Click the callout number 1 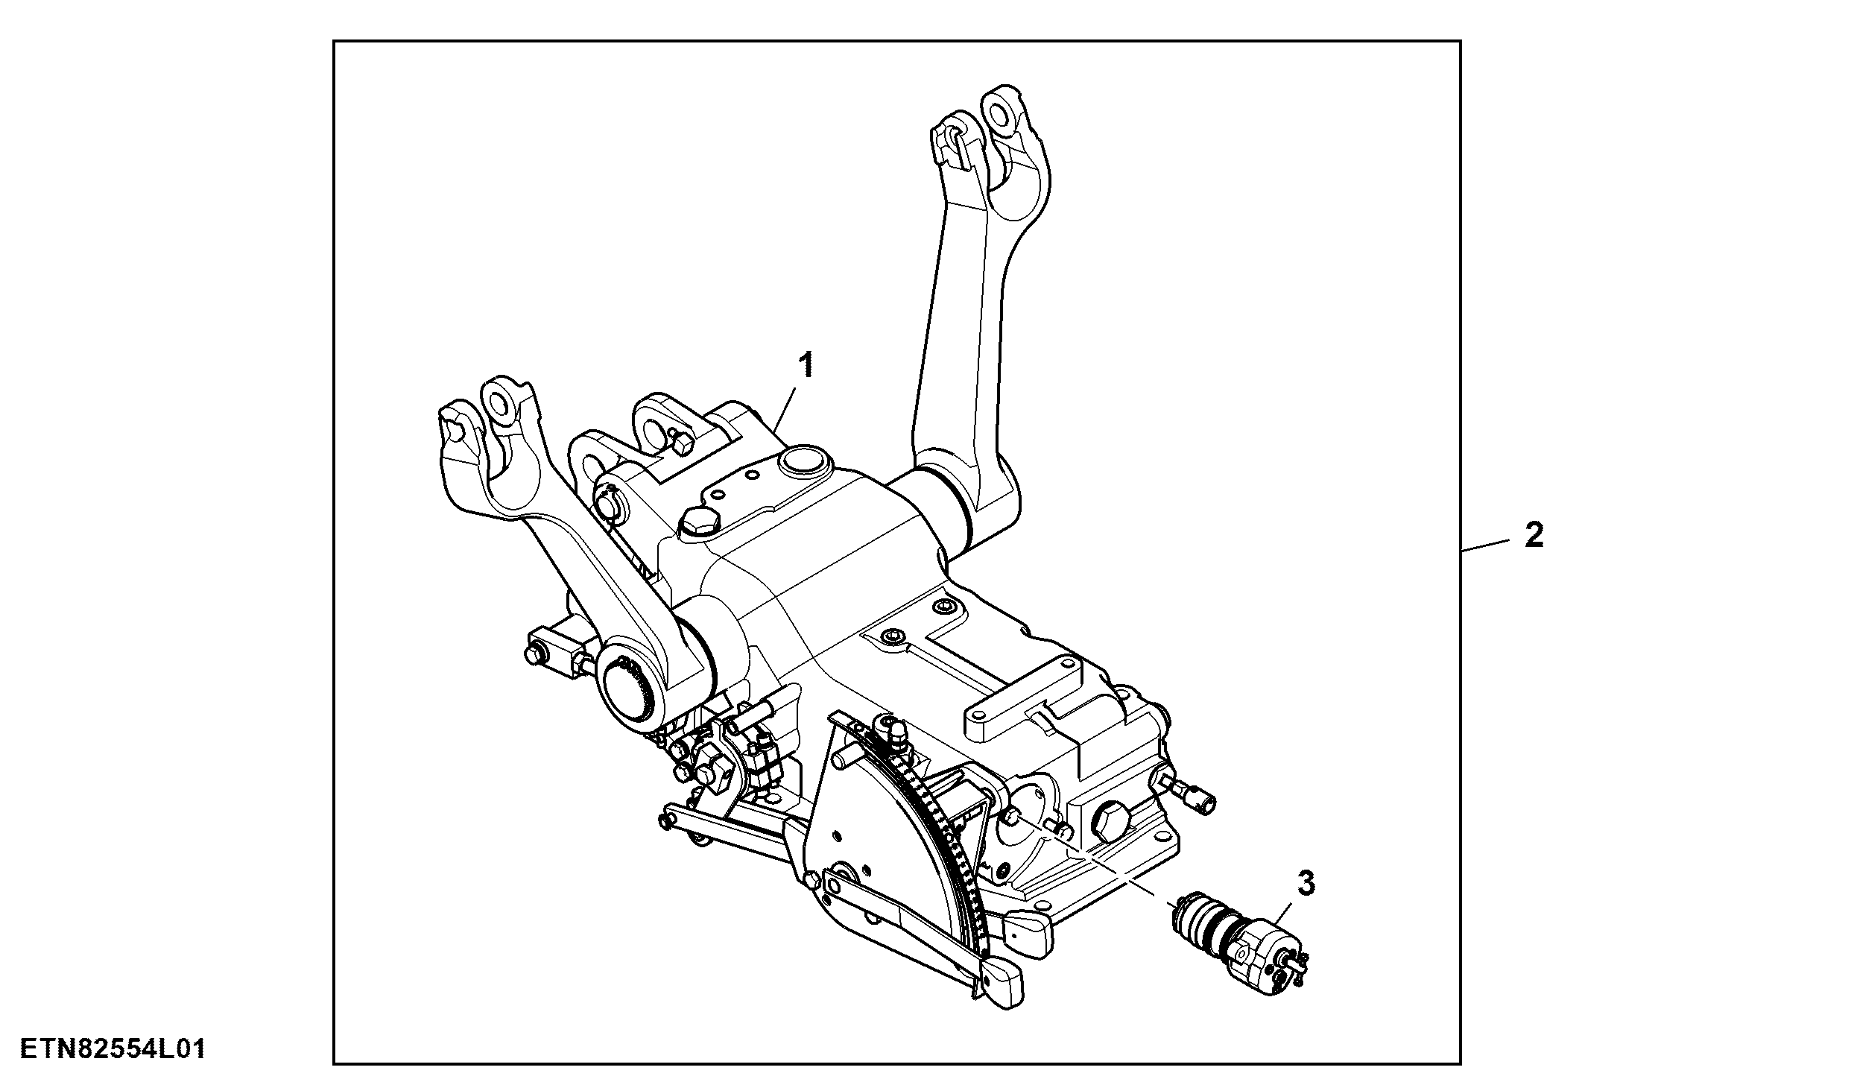806,366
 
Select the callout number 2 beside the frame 1534,535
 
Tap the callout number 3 1306,884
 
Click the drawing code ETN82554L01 112,1050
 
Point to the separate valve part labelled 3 1238,949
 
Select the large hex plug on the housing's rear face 1109,821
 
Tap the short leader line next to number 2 1486,543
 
